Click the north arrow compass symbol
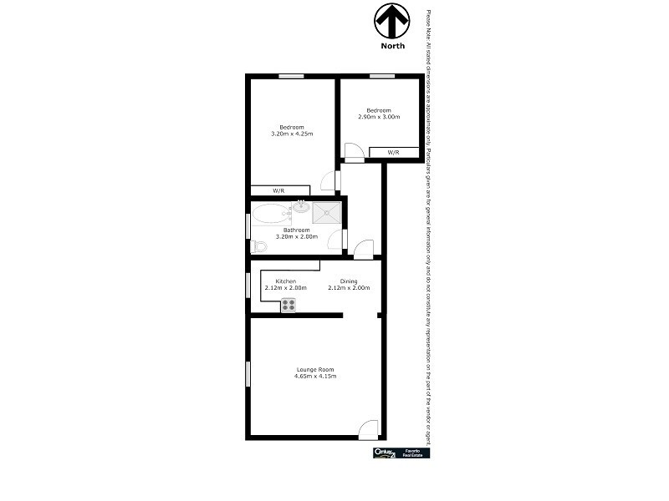pyautogui.click(x=392, y=19)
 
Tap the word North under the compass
pyautogui.click(x=392, y=46)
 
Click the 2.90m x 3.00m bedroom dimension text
pyautogui.click(x=379, y=117)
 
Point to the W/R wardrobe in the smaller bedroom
pyautogui.click(x=393, y=152)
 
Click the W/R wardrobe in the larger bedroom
pyautogui.click(x=278, y=190)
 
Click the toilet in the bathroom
pyautogui.click(x=258, y=246)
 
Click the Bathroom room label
pyautogui.click(x=296, y=230)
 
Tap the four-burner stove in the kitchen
pyautogui.click(x=289, y=305)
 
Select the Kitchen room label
pyautogui.click(x=286, y=281)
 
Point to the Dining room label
pyautogui.click(x=349, y=281)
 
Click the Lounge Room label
pyautogui.click(x=315, y=369)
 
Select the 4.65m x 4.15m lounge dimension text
pyautogui.click(x=315, y=377)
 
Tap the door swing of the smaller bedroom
pyautogui.click(x=354, y=152)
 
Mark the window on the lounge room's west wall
pyautogui.click(x=248, y=373)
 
